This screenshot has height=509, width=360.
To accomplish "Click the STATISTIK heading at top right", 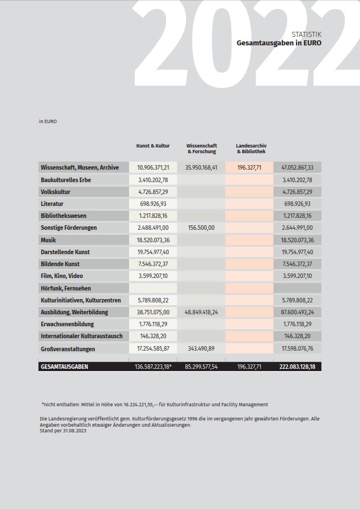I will (x=306, y=34).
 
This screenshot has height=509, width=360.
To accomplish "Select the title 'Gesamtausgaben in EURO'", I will (x=279, y=43).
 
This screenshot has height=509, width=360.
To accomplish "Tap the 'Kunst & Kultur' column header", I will (x=153, y=146).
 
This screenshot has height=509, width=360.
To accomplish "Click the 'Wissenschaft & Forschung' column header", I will (x=201, y=149).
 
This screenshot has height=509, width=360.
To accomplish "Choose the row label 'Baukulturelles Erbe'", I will (x=66, y=180).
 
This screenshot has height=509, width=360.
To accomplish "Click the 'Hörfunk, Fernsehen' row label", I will (x=66, y=288).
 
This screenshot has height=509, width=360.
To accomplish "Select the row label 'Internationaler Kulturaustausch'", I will (x=82, y=336).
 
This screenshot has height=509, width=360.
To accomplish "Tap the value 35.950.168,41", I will (x=201, y=168).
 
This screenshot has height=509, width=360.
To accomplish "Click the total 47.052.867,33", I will (x=298, y=168).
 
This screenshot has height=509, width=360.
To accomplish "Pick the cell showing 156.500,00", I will (x=201, y=228).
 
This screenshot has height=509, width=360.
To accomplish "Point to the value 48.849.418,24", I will (x=201, y=313).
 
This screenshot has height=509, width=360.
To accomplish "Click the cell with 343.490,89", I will (x=201, y=349).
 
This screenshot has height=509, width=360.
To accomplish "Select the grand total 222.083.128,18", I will (x=298, y=367).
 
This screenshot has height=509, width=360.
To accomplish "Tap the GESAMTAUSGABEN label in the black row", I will (x=64, y=367).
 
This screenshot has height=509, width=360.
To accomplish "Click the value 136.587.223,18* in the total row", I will (x=153, y=367).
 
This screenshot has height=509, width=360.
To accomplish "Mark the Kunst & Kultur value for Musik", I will (x=153, y=241).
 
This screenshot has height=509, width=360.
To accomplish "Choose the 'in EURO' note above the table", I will (x=48, y=121).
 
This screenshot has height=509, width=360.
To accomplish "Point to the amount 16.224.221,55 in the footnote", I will (x=139, y=405).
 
